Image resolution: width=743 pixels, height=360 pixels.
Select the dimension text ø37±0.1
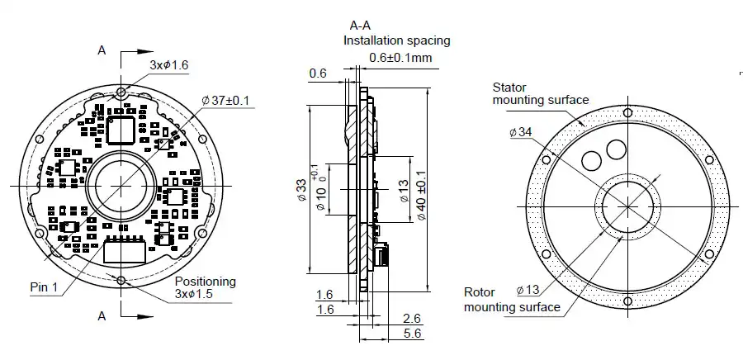[225, 100]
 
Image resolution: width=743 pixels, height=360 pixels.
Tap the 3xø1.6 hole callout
[169, 64]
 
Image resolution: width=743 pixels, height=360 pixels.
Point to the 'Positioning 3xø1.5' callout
[204, 287]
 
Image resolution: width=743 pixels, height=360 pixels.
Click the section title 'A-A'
[361, 25]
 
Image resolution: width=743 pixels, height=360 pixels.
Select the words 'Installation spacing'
[396, 40]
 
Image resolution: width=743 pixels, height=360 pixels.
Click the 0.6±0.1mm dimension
[400, 57]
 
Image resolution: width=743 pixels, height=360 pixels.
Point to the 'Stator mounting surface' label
[540, 93]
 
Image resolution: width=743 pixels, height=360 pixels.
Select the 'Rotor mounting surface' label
[511, 299]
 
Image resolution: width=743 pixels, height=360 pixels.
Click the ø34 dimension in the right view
[521, 132]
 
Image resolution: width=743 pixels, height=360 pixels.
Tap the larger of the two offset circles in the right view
[616, 149]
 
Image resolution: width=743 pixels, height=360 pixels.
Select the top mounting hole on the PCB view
[121, 92]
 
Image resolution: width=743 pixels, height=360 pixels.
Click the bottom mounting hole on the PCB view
[121, 281]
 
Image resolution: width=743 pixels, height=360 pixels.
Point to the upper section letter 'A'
[102, 50]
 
